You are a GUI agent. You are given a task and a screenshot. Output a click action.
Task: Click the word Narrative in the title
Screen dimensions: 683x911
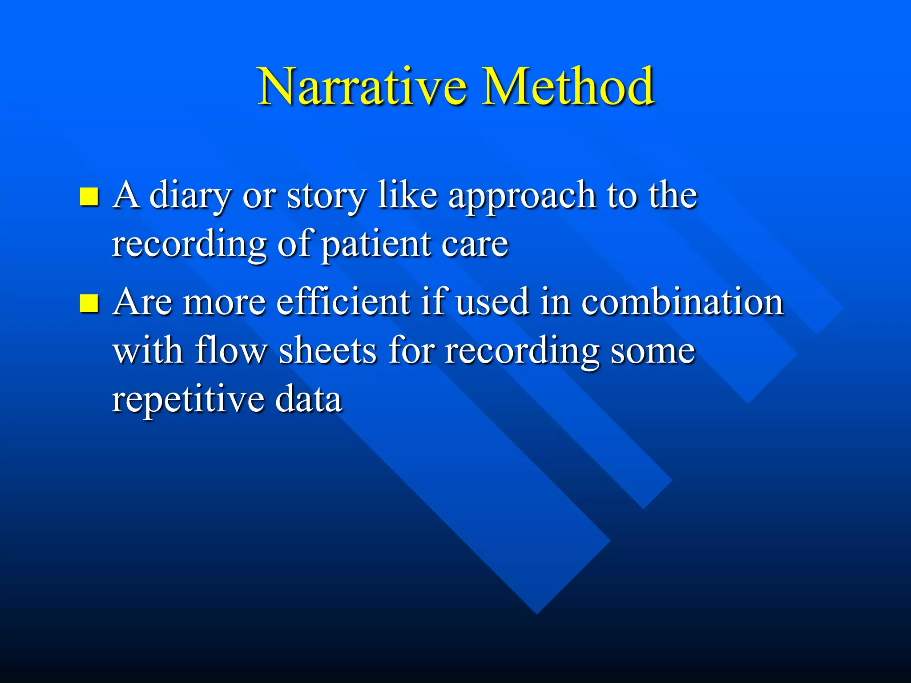[x=363, y=86]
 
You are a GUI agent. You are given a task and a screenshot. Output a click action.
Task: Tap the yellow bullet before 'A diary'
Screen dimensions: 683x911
[x=89, y=197]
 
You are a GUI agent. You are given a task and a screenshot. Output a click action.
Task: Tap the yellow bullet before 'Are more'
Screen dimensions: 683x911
[x=89, y=303]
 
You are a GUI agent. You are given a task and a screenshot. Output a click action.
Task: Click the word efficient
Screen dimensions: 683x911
[x=343, y=302]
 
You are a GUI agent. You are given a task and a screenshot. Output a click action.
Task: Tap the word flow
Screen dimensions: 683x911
[x=230, y=351]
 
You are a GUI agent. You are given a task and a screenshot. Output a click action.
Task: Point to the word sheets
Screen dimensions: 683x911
[x=328, y=351]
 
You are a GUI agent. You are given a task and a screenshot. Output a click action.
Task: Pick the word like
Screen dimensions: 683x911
[x=407, y=196]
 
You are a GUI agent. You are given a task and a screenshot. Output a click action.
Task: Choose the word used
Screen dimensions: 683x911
[x=493, y=302]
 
